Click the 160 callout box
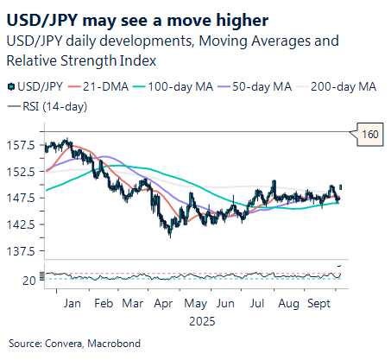tap(370, 134)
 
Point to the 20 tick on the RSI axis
tap(29, 281)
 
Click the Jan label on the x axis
tap(72, 304)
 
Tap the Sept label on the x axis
tap(320, 304)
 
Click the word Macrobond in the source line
tap(115, 344)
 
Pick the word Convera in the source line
tap(66, 344)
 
